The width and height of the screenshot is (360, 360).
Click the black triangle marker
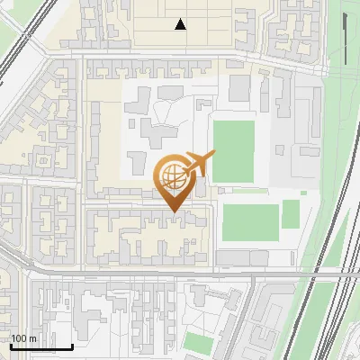click(181, 24)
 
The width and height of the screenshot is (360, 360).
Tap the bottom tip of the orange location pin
click(174, 211)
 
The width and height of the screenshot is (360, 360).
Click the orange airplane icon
click(198, 165)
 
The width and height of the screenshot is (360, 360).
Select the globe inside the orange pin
click(172, 175)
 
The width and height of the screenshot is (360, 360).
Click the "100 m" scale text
click(24, 338)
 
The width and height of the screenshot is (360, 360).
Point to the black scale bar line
click(41, 346)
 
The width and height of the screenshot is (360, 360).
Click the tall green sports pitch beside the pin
click(233, 151)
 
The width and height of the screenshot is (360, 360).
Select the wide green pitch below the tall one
click(250, 222)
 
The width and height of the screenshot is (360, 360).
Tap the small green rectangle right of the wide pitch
click(291, 213)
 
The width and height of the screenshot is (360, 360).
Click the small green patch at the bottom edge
click(198, 342)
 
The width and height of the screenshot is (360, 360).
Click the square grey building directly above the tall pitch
click(239, 87)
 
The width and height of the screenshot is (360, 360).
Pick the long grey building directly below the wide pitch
click(243, 258)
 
